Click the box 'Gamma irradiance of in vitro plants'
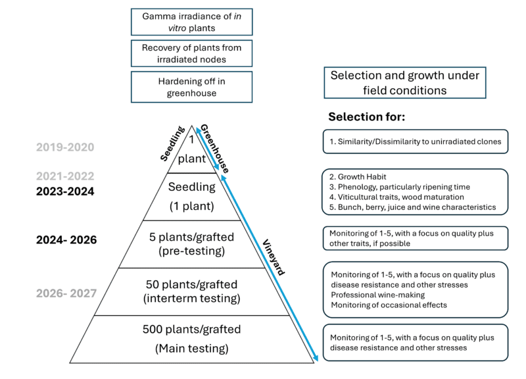(192, 22)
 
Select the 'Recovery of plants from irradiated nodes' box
(192, 54)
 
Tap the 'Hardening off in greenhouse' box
(192, 86)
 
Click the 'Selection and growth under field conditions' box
(404, 82)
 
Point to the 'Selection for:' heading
(366, 116)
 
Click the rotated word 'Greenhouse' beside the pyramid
(214, 149)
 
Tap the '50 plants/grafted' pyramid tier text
(193, 284)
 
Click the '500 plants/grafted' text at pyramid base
(192, 329)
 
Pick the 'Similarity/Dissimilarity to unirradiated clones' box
(416, 141)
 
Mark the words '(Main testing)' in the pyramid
(192, 348)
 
